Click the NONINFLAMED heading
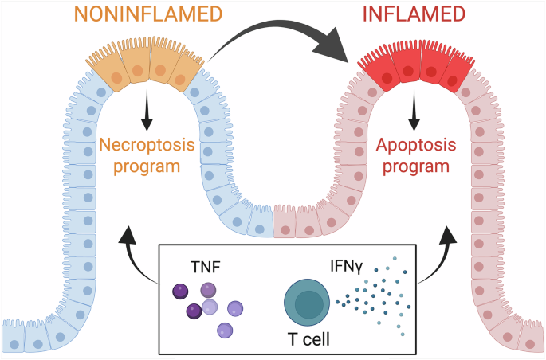pyautogui.click(x=148, y=14)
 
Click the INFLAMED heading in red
pyautogui.click(x=414, y=14)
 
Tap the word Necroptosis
pyautogui.click(x=147, y=145)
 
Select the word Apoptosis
pyautogui.click(x=416, y=145)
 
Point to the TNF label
pyautogui.click(x=206, y=268)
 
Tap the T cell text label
pyautogui.click(x=308, y=338)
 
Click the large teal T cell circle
pyautogui.click(x=307, y=303)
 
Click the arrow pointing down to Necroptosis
pyautogui.click(x=147, y=110)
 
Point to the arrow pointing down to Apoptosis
pyautogui.click(x=414, y=110)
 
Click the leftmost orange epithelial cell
pyautogui.click(x=108, y=72)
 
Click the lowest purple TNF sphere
pyautogui.click(x=225, y=331)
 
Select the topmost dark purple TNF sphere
pyautogui.click(x=180, y=292)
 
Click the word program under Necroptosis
pyautogui.click(x=147, y=166)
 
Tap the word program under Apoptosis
pyautogui.click(x=416, y=166)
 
